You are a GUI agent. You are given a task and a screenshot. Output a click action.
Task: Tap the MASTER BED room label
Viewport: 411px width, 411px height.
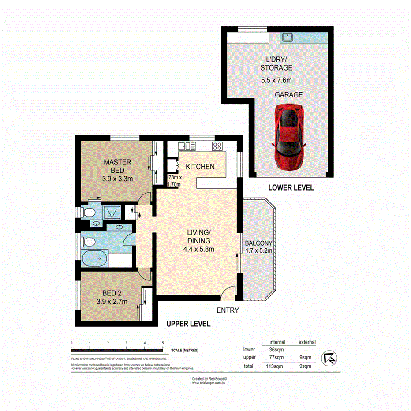[x=117, y=166]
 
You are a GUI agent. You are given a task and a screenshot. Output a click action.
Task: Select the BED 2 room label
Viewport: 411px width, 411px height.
[x=112, y=293]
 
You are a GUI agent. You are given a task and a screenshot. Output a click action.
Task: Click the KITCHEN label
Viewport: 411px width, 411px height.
[x=200, y=167]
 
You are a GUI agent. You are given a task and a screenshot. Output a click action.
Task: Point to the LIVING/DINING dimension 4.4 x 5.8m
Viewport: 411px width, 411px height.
[x=199, y=249]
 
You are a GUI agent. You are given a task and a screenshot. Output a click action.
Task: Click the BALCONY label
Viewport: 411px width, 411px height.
[x=258, y=243]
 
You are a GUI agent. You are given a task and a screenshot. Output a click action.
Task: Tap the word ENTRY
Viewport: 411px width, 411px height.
[x=228, y=310]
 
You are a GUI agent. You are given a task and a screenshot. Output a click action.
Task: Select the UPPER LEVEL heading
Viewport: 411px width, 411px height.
[x=188, y=324]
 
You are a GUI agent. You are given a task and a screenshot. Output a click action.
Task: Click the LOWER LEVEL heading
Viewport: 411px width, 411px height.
[x=291, y=188]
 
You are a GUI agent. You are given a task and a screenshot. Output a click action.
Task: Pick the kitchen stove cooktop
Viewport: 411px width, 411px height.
[x=217, y=146]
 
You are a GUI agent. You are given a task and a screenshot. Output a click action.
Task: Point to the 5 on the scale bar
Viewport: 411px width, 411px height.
[x=163, y=343]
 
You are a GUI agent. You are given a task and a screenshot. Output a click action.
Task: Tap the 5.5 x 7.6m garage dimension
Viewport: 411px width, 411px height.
[x=276, y=80]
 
